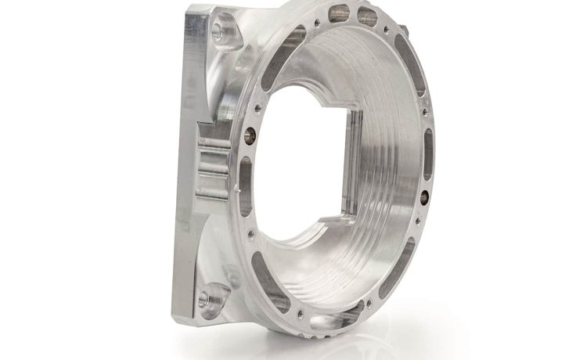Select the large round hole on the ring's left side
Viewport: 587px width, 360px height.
pyautogui.click(x=250, y=132)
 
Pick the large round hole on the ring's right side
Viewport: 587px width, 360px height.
pyautogui.click(x=423, y=192)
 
